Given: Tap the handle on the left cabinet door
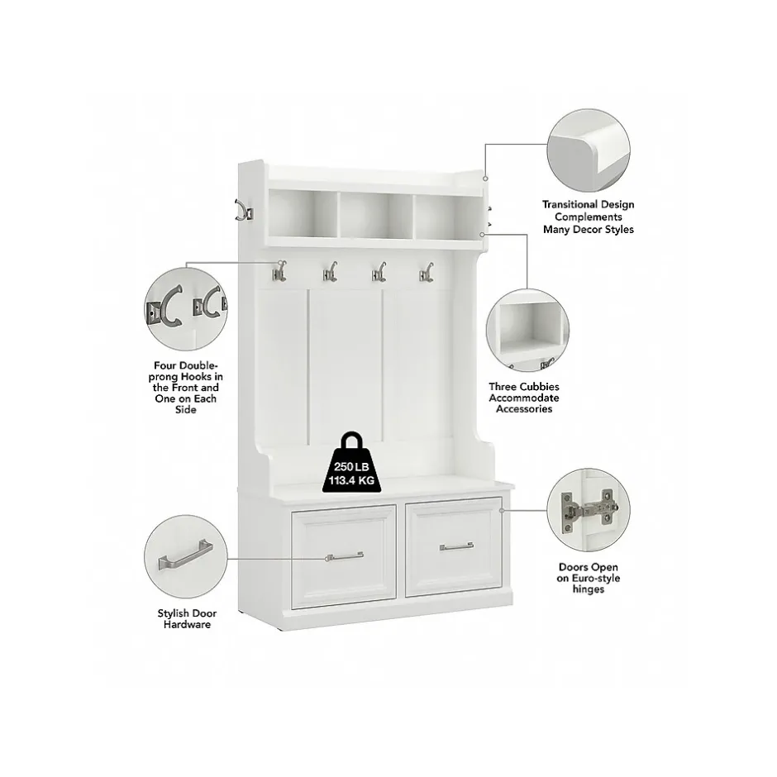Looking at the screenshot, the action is pyautogui.click(x=345, y=556).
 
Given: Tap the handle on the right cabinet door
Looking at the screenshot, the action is pyautogui.click(x=456, y=546).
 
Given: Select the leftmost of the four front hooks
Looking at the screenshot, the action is pyautogui.click(x=279, y=272).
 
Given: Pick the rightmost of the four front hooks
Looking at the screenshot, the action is pyautogui.click(x=427, y=272).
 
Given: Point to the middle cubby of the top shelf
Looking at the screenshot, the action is pyautogui.click(x=376, y=215).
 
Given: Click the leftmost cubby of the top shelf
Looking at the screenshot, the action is pyautogui.click(x=303, y=213).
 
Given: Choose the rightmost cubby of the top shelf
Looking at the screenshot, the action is pyautogui.click(x=449, y=217).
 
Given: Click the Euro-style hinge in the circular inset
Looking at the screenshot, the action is pyautogui.click(x=589, y=509).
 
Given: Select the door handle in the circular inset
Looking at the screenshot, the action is pyautogui.click(x=186, y=555).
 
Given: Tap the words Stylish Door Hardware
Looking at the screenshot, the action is pyautogui.click(x=188, y=619).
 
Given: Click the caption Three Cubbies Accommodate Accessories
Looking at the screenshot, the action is pyautogui.click(x=524, y=398).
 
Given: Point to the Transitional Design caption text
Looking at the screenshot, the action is pyautogui.click(x=589, y=217).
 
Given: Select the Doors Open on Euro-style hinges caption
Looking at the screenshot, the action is pyautogui.click(x=589, y=578).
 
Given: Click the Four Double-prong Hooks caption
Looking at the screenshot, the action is pyautogui.click(x=186, y=388).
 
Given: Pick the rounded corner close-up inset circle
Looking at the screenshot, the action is pyautogui.click(x=589, y=150).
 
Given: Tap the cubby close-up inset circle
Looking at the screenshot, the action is pyautogui.click(x=527, y=330).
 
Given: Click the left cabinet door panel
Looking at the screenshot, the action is pyautogui.click(x=343, y=556).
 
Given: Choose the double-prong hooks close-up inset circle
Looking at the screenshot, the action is pyautogui.click(x=186, y=309).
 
